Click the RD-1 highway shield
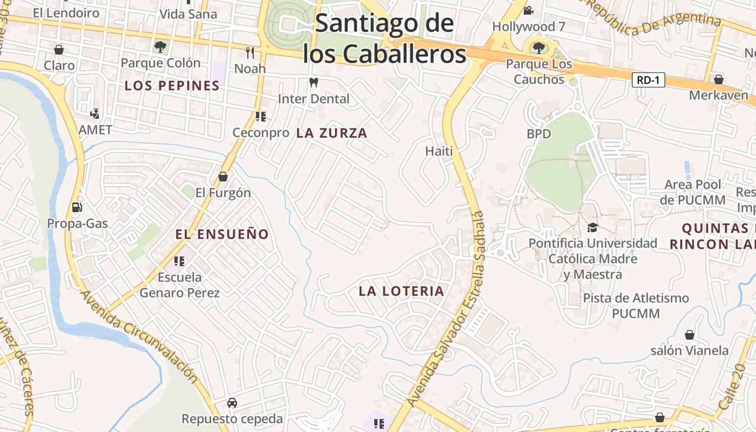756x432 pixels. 648,80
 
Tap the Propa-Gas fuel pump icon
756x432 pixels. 77,207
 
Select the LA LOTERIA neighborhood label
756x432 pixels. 401,291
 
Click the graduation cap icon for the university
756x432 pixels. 592,227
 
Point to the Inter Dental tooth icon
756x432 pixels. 313,83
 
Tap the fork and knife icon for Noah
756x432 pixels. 249,52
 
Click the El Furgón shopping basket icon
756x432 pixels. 222,177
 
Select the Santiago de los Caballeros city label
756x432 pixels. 384,39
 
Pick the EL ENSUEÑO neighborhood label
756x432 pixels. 222,234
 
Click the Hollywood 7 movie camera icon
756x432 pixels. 528,10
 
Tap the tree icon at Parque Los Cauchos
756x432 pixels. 538,48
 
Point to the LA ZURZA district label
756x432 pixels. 332,133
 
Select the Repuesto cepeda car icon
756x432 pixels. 232,403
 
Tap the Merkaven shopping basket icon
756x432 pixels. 718,79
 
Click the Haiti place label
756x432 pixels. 439,151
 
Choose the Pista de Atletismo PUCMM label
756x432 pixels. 636,306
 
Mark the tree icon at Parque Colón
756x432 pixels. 160,47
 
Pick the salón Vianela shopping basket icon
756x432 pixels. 689,335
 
